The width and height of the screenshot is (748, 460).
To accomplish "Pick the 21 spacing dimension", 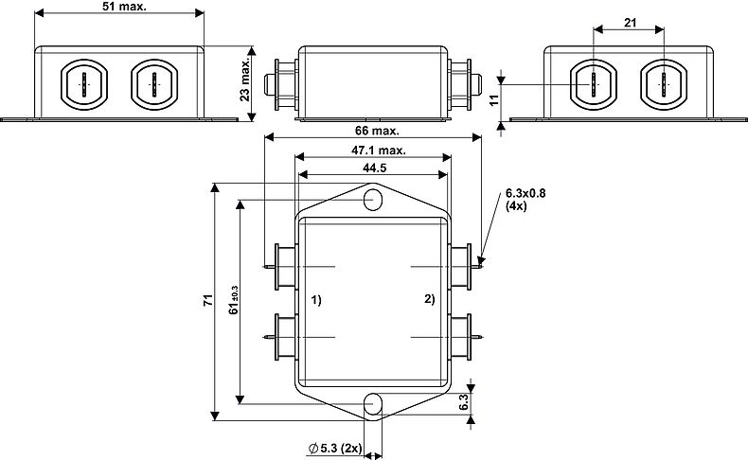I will (x=630, y=22).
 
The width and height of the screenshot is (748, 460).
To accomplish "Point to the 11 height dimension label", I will (x=494, y=99).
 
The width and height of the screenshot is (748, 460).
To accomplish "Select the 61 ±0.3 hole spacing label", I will (x=234, y=301).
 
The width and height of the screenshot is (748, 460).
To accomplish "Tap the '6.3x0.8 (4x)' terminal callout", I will (x=526, y=199).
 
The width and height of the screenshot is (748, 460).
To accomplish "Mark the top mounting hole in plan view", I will (x=374, y=200).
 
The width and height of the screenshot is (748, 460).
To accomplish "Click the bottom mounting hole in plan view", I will (x=374, y=404).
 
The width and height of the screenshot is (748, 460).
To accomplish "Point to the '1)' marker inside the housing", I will (x=317, y=300).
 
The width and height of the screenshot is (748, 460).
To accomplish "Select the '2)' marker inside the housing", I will (x=429, y=300).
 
